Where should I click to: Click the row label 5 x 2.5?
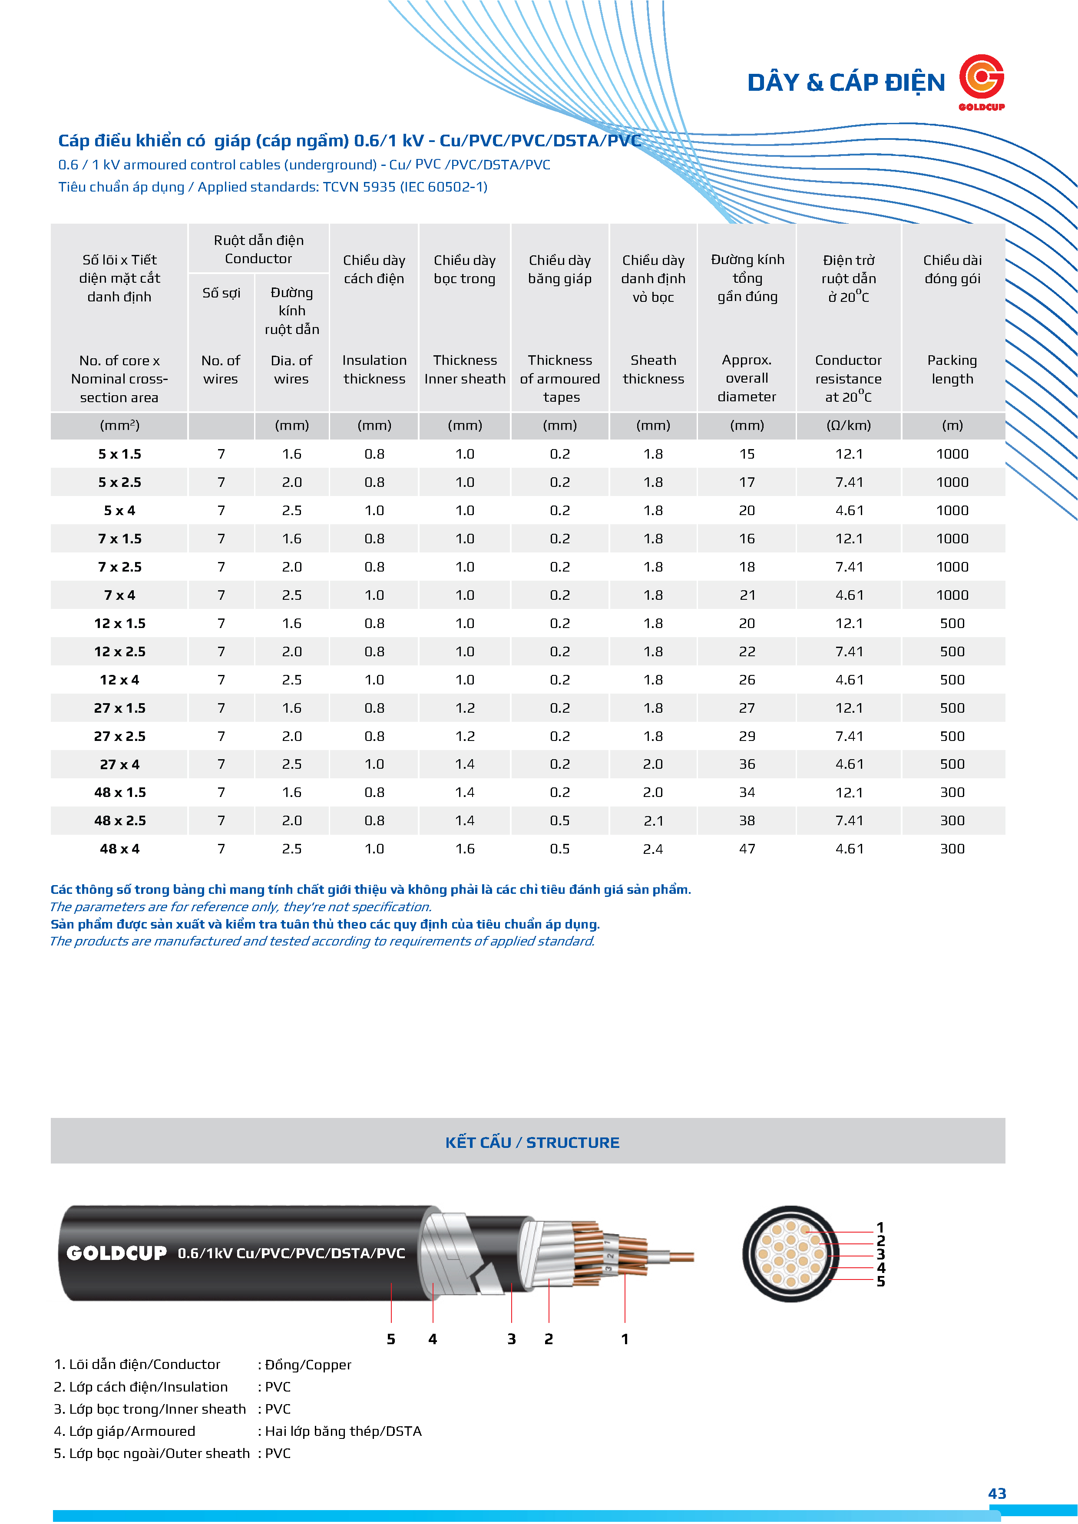[x=119, y=483]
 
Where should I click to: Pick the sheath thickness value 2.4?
[x=653, y=849]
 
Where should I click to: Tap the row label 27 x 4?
[x=119, y=765]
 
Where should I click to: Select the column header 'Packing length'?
[x=952, y=370]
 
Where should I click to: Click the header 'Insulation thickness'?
[x=374, y=370]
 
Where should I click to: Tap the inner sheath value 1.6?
[x=465, y=849]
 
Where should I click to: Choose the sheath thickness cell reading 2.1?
[x=653, y=821]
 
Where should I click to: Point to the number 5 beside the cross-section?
[x=881, y=1281]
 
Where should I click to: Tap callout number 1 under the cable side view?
[x=625, y=1339]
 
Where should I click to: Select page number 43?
[x=997, y=1494]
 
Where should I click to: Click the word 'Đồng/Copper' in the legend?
[x=308, y=1365]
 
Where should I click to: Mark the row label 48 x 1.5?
[x=119, y=793]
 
